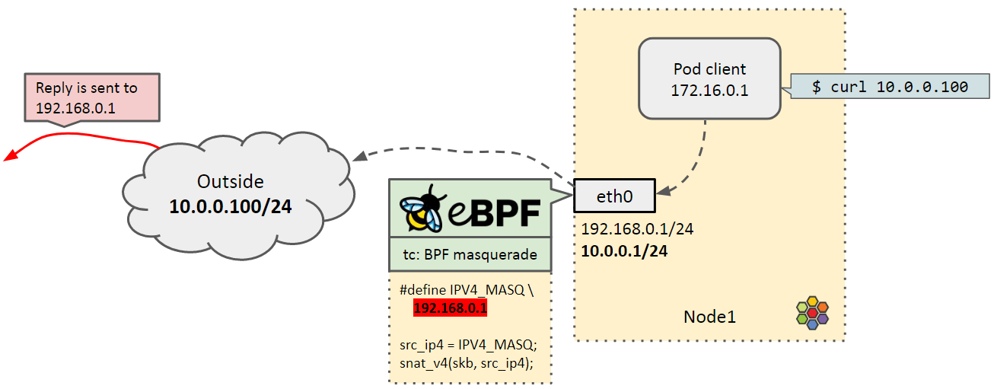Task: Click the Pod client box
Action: [x=709, y=78]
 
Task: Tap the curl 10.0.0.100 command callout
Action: [x=889, y=87]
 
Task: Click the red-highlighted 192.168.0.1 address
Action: [x=450, y=308]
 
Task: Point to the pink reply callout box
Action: [x=92, y=97]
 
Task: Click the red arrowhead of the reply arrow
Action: [x=10, y=157]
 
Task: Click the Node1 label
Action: [x=709, y=317]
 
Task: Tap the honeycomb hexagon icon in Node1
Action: [x=812, y=312]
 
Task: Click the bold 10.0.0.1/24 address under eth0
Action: [x=624, y=251]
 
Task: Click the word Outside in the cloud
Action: [x=230, y=182]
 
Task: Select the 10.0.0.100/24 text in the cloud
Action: [x=230, y=206]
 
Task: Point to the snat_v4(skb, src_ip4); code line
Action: [x=466, y=363]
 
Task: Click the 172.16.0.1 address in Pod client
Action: [x=709, y=91]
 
